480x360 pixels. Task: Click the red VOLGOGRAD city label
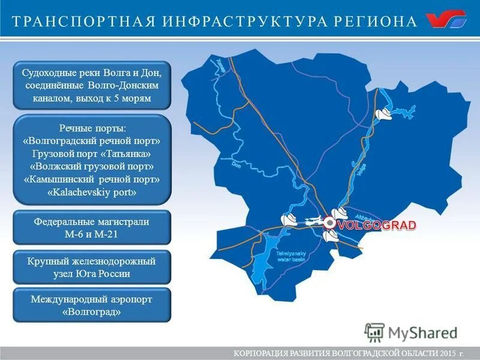377,226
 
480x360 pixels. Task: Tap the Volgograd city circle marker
329,223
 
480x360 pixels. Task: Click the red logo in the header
446,20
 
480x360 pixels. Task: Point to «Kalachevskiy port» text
92,193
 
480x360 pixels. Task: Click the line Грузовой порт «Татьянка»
92,154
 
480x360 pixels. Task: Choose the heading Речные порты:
92,128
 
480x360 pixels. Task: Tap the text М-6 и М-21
92,234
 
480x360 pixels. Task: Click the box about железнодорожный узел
92,268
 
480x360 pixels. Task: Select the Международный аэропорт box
92,305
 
